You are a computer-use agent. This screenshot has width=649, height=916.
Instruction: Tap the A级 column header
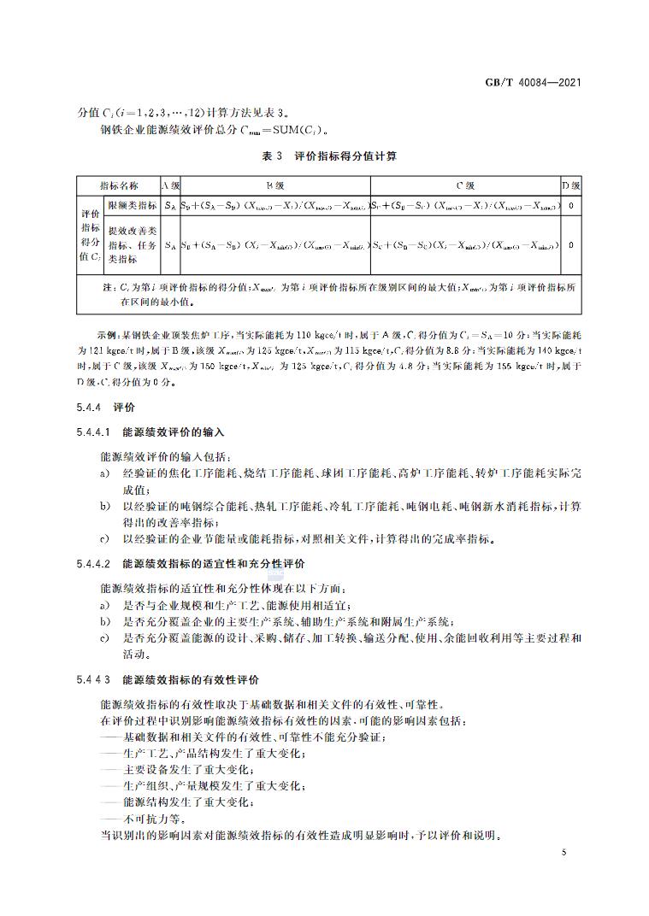[x=170, y=185]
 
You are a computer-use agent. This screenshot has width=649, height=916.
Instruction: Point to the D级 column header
[x=570, y=185]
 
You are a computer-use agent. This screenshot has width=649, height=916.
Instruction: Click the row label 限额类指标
[x=132, y=206]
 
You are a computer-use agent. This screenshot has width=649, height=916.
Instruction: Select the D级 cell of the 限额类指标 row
[x=570, y=206]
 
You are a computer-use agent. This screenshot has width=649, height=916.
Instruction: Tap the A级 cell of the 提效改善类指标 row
[x=170, y=244]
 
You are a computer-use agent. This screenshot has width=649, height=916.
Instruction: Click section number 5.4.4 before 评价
[x=88, y=408]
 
